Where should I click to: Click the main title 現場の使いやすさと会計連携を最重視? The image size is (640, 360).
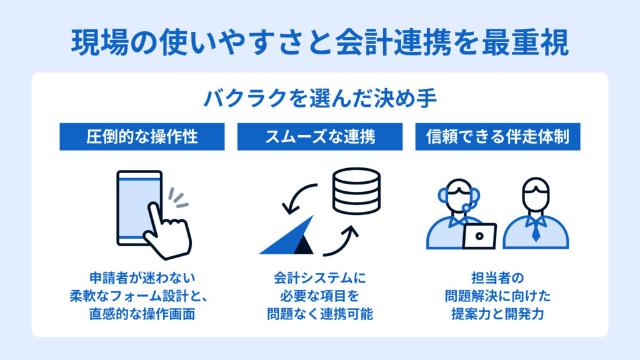(x=320, y=42)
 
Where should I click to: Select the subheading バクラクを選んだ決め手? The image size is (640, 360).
(x=320, y=98)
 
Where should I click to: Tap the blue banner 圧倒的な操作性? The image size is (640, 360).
(x=142, y=137)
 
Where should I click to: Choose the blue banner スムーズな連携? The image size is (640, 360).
(x=320, y=137)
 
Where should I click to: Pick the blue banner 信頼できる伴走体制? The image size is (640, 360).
(x=498, y=137)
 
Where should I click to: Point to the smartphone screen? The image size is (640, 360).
(x=139, y=207)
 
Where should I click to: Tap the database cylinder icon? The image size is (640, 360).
(x=356, y=191)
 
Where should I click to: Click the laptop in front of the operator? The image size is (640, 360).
(x=479, y=236)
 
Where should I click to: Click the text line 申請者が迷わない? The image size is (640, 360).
(x=142, y=278)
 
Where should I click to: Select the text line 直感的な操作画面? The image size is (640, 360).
(x=142, y=314)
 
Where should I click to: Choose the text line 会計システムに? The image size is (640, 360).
(x=320, y=278)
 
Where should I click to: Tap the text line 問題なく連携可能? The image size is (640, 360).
(x=320, y=314)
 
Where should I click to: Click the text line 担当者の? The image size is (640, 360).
(x=497, y=278)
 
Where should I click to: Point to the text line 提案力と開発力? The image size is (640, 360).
(x=497, y=314)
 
